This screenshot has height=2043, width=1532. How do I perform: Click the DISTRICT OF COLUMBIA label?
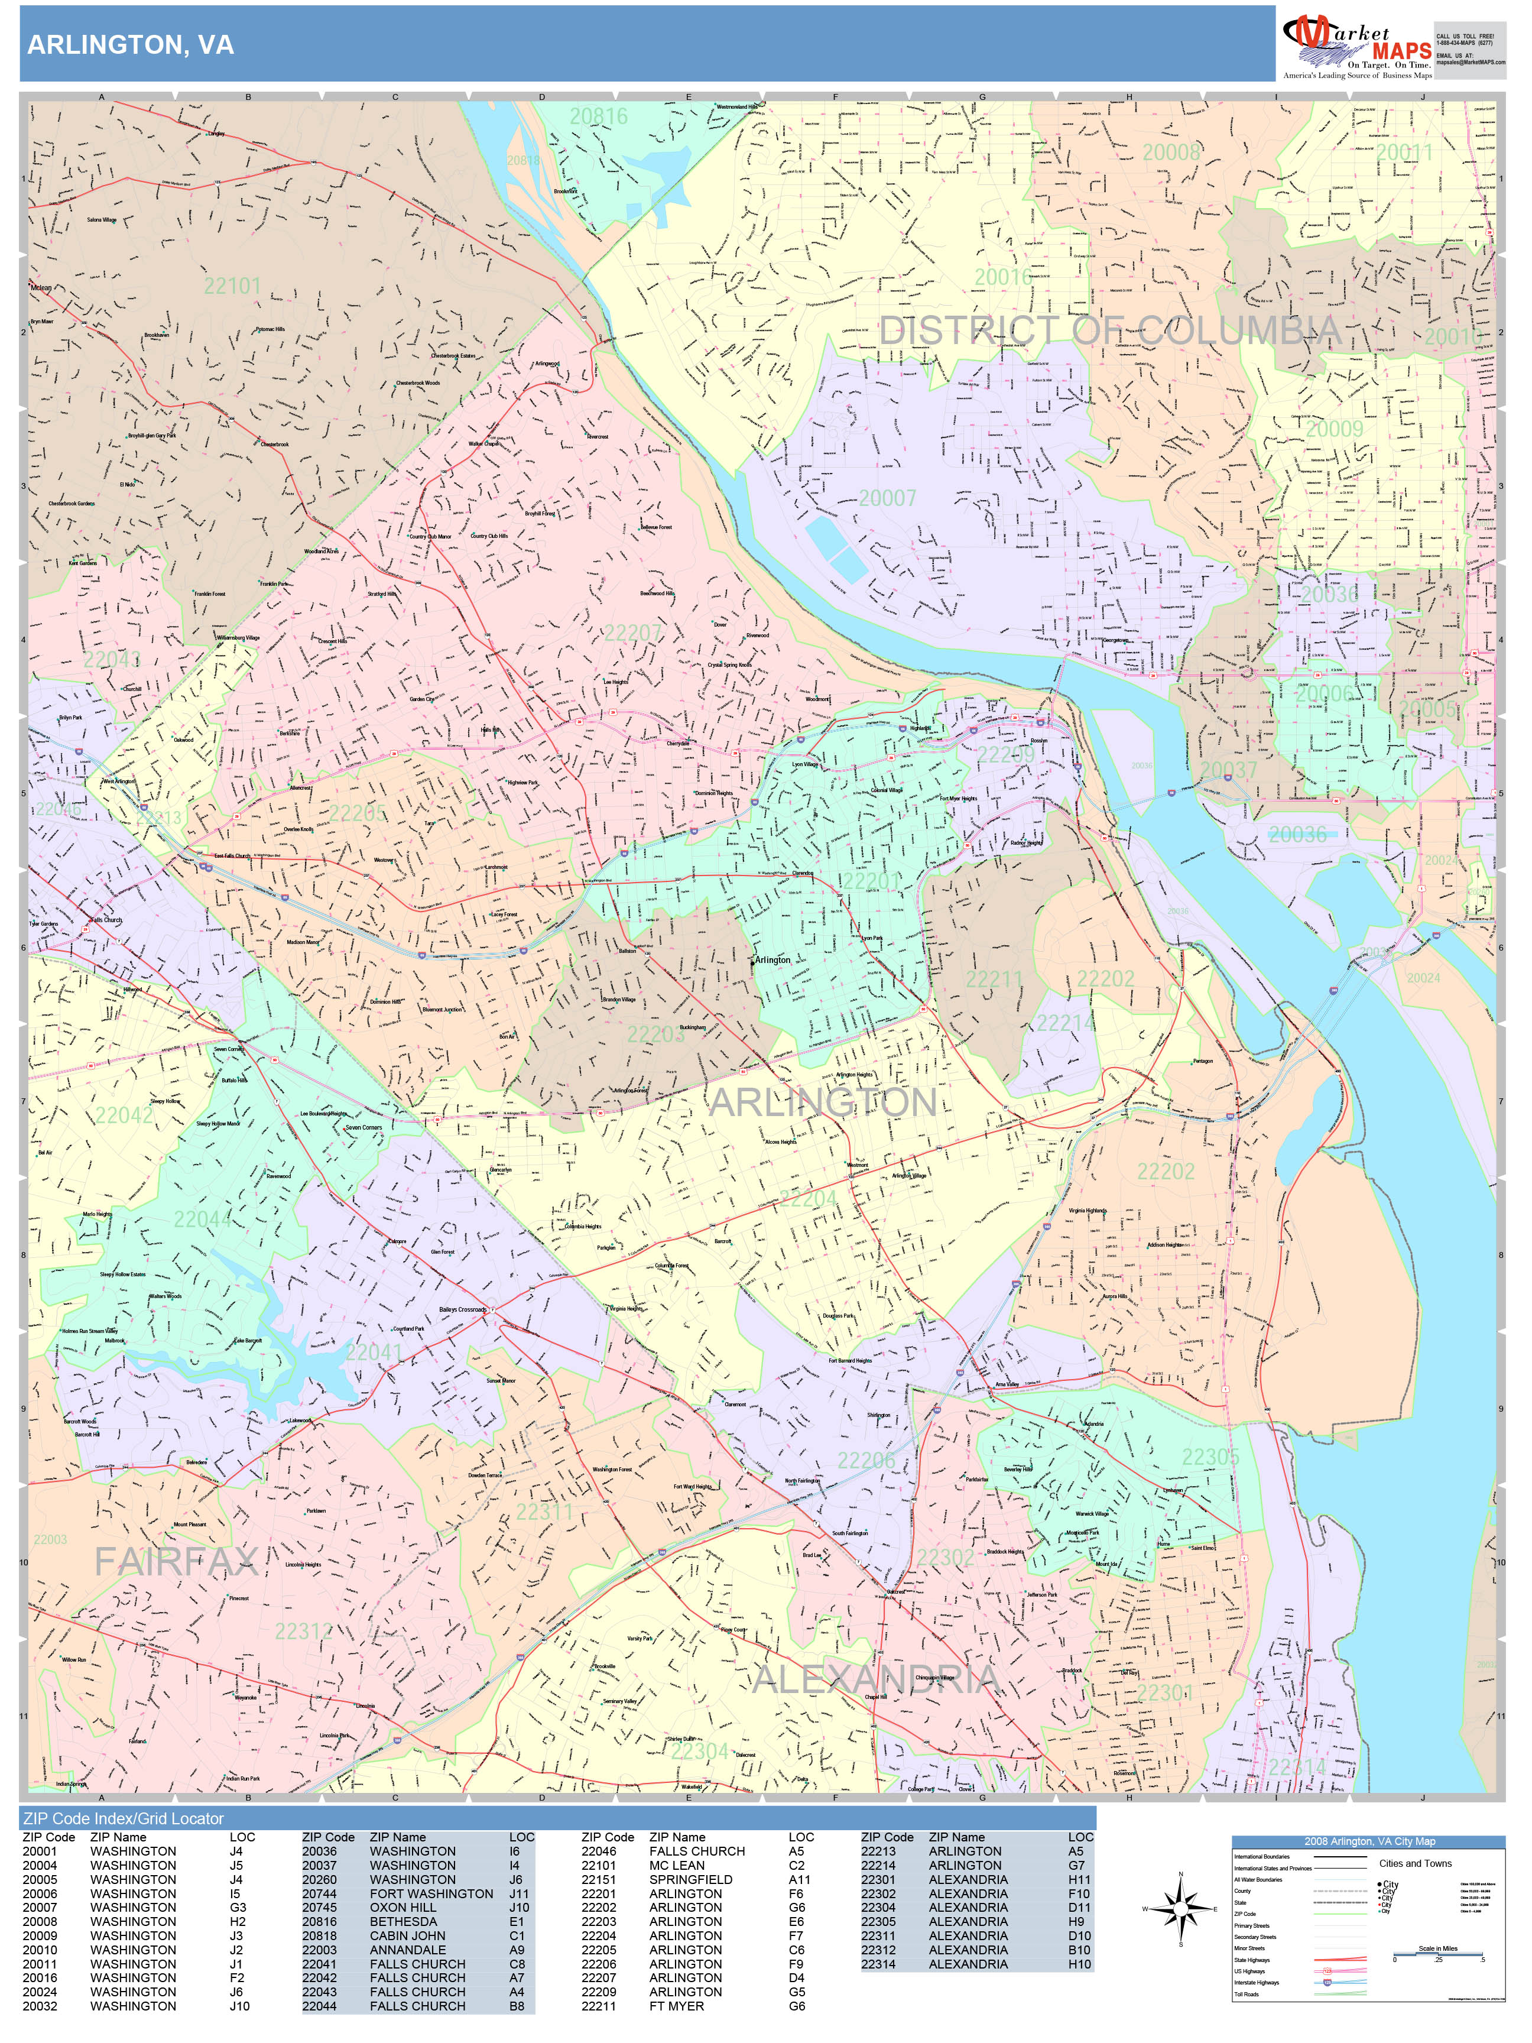(1109, 330)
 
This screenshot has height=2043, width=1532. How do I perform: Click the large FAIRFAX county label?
(176, 1562)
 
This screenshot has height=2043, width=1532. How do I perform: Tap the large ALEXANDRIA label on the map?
(875, 1679)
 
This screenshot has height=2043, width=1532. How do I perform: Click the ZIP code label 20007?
(887, 499)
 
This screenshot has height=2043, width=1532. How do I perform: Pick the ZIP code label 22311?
(544, 1513)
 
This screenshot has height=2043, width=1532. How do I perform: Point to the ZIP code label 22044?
(202, 1219)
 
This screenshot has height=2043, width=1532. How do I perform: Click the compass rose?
(1180, 1909)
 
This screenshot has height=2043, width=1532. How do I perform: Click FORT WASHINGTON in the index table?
(431, 1893)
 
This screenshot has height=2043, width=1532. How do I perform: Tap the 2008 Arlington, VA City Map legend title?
(1368, 1841)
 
